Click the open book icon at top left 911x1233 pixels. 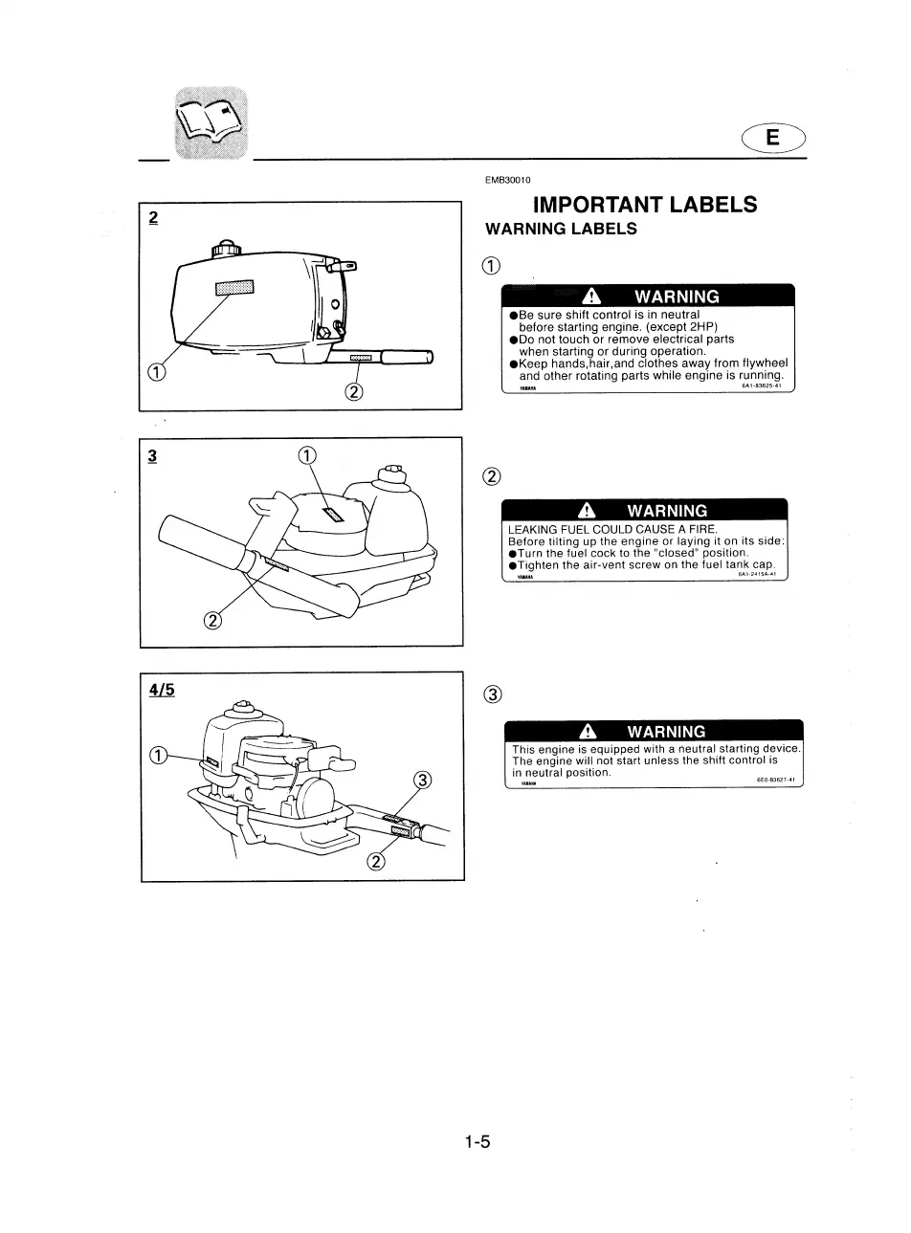coord(211,122)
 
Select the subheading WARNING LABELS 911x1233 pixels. coord(561,230)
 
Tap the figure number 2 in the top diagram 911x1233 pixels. coord(153,217)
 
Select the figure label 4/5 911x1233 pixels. coord(161,688)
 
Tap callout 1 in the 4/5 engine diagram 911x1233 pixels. coord(160,755)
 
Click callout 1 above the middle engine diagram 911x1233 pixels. coord(307,455)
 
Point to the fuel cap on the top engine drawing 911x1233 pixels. coord(228,246)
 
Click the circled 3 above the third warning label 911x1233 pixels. coord(492,694)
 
